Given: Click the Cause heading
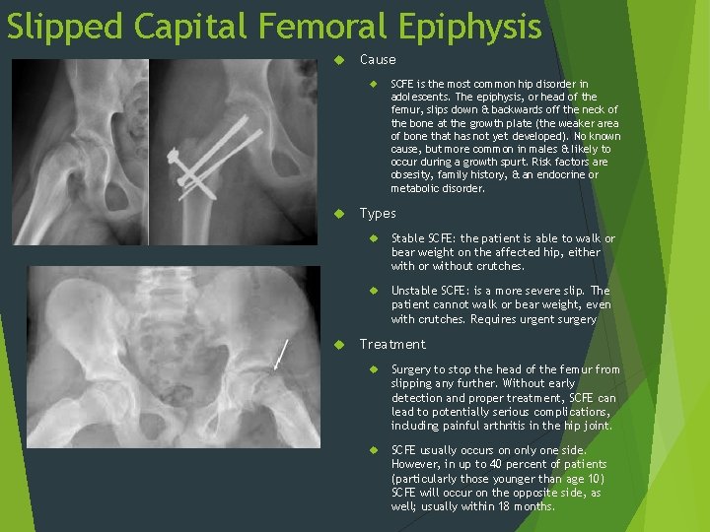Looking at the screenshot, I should coord(378,59).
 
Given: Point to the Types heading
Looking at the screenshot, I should coord(378,213).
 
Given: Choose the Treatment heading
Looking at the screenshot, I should coord(392,344).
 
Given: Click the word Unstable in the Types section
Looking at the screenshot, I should coord(415,291).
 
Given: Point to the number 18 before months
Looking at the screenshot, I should coord(512,506).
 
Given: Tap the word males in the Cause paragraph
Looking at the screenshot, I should coord(521,149).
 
